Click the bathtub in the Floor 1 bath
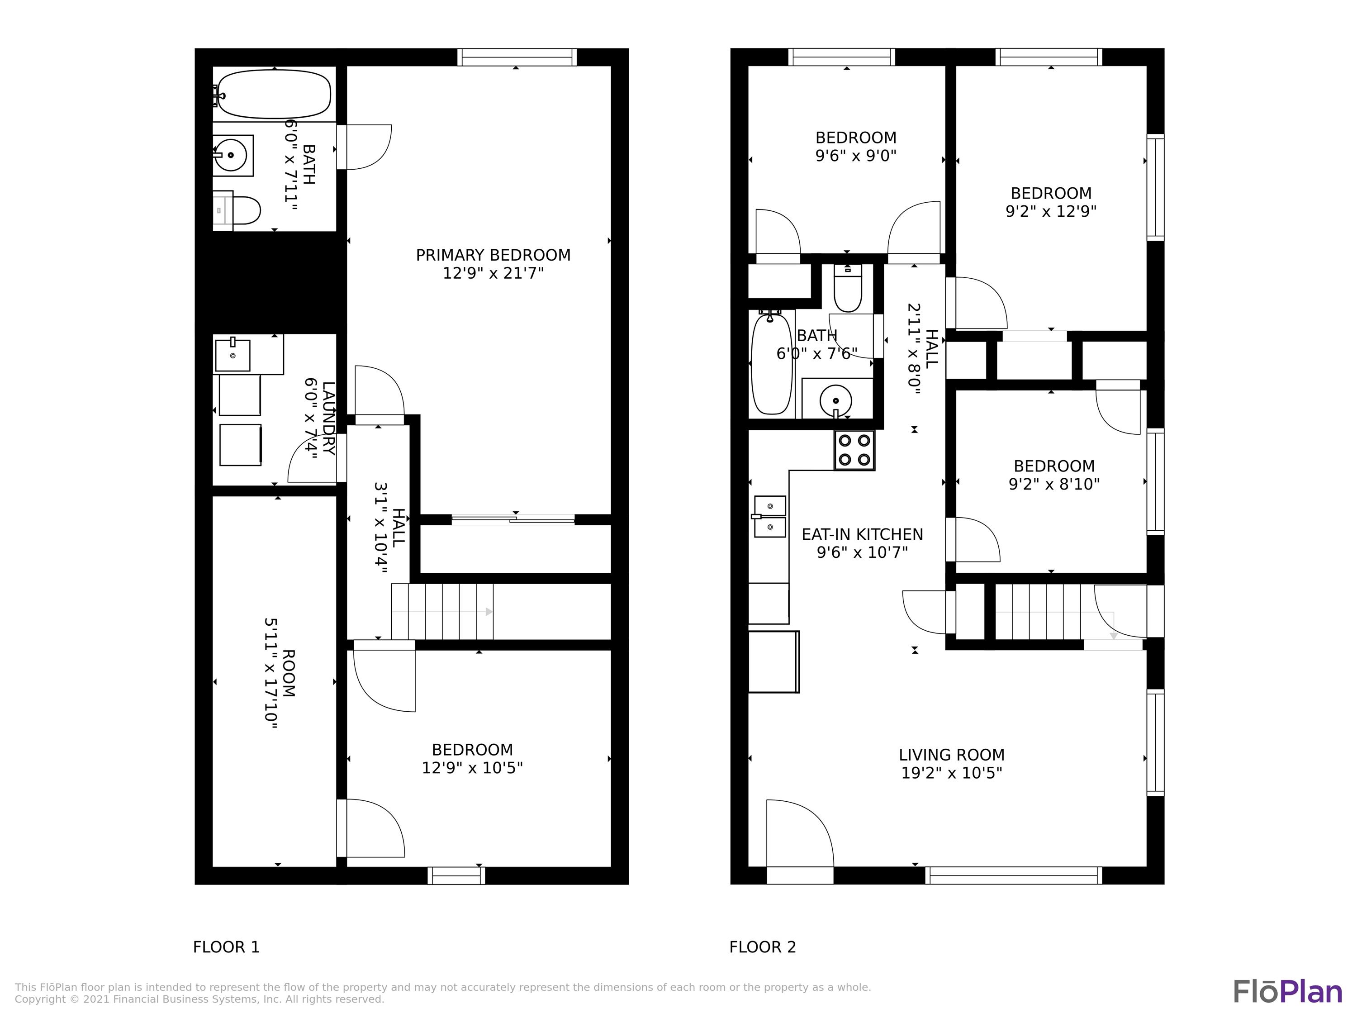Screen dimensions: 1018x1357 [274, 94]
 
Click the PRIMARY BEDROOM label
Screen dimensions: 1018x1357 [493, 255]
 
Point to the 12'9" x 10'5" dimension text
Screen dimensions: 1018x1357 [472, 768]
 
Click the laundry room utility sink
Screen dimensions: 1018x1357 [232, 355]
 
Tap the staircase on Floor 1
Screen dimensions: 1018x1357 [441, 611]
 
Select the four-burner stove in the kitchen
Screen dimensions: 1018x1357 [854, 450]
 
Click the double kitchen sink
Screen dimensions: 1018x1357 [769, 516]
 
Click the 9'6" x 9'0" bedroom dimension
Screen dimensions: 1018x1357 [855, 156]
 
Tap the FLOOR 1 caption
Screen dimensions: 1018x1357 [226, 947]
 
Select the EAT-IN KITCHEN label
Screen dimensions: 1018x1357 [862, 534]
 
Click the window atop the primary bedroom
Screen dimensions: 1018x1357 [516, 57]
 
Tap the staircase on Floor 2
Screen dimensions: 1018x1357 [1037, 611]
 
